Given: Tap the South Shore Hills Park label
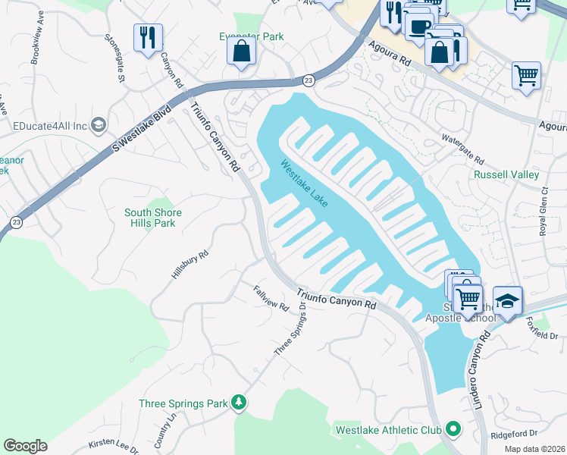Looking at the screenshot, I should [153, 218].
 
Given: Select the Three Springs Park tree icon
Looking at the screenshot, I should [239, 400].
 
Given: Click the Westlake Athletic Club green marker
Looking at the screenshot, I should [453, 430].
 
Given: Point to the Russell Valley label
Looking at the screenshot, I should [506, 174].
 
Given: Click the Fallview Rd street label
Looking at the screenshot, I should [271, 297].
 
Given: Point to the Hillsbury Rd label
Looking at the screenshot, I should [190, 265].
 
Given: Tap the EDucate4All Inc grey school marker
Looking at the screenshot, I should [98, 124].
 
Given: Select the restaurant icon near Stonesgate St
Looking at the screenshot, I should [147, 36].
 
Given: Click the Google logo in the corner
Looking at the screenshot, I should [25, 446].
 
